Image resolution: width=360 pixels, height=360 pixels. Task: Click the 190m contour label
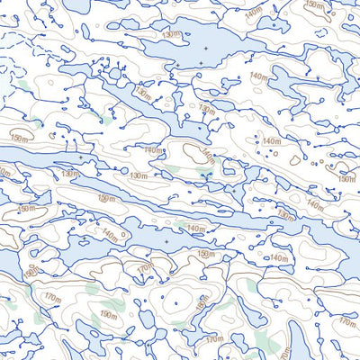pos(109,314)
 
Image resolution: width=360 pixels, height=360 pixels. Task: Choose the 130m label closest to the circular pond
pos(141,93)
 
